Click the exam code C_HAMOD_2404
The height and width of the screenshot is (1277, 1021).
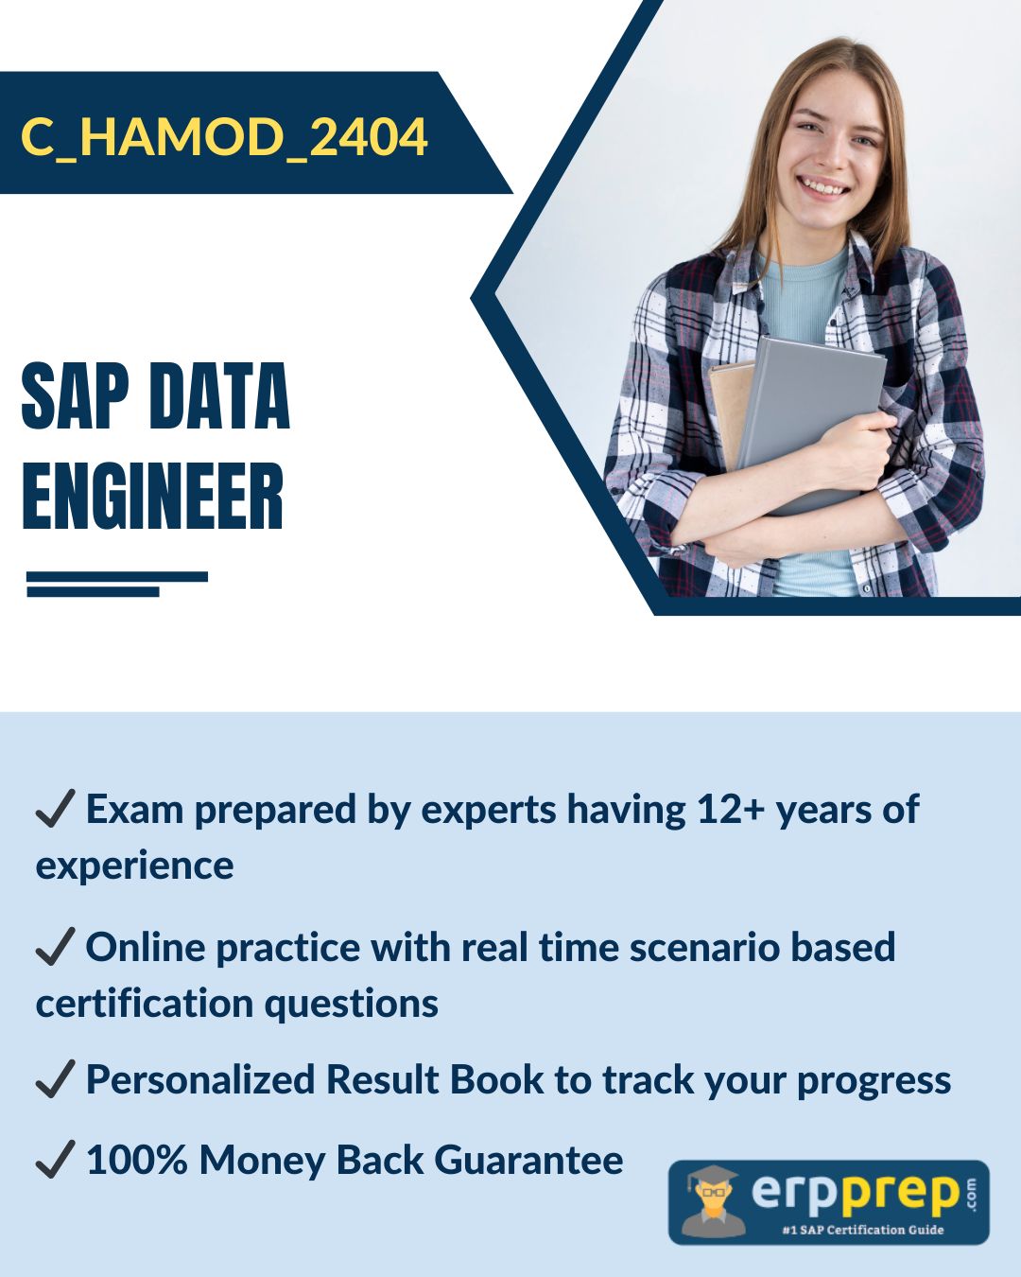pos(224,137)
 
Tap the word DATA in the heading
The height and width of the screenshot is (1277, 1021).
pos(219,396)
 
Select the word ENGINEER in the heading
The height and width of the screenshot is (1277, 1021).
pos(152,497)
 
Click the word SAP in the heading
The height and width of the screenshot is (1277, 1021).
pos(78,396)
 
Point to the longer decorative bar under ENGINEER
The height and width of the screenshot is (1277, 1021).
pos(117,577)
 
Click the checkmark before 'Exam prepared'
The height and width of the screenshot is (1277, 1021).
pos(55,808)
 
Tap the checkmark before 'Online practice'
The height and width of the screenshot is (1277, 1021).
pos(55,946)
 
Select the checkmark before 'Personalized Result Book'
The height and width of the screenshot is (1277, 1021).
pos(55,1078)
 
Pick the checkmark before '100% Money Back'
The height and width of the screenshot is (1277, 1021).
pos(55,1159)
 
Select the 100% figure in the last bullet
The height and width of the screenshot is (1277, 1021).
pos(137,1160)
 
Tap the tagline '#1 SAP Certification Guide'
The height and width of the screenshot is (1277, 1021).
pos(862,1229)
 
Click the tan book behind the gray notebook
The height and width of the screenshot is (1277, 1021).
pos(730,415)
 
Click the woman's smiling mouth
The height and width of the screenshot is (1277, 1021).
pos(823,185)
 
